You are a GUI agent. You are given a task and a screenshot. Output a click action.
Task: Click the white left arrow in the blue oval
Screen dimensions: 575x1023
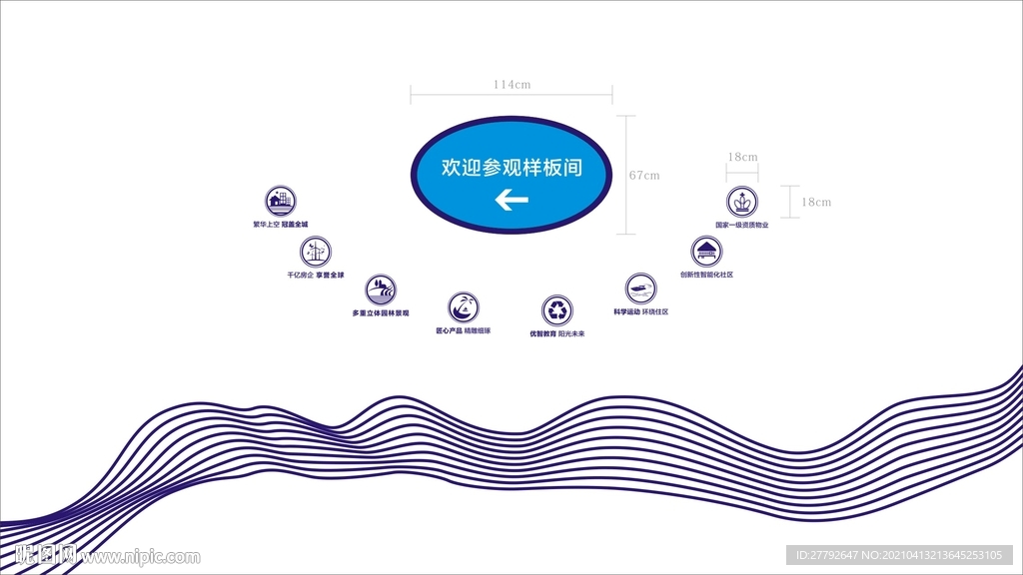(511, 202)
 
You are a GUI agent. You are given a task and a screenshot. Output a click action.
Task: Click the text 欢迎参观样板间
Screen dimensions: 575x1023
(511, 168)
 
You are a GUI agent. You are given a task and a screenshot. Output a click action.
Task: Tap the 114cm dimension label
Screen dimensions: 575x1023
(511, 85)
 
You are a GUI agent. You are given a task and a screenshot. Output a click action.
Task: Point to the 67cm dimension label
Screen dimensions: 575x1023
(644, 176)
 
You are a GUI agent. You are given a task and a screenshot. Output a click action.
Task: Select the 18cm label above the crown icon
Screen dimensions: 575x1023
(742, 157)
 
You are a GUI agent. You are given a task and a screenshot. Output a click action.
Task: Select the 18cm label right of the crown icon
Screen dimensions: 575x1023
(816, 202)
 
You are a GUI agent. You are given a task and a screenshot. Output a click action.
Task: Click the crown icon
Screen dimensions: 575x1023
(742, 202)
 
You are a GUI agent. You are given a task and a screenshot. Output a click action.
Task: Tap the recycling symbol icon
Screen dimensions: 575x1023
(557, 309)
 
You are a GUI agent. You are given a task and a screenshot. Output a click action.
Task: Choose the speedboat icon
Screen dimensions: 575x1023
(641, 288)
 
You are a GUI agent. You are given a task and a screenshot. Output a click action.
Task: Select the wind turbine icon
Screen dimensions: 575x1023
(315, 251)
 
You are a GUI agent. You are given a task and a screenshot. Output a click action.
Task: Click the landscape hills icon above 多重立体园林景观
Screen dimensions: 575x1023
(380, 290)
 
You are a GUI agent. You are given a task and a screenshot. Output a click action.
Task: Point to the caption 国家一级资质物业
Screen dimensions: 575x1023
(741, 225)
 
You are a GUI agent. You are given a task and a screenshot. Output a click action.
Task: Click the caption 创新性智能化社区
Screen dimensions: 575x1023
(706, 275)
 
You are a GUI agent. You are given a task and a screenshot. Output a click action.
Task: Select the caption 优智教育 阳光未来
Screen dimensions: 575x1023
(557, 333)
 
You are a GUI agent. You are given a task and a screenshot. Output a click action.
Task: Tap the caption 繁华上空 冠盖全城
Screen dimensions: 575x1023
(281, 225)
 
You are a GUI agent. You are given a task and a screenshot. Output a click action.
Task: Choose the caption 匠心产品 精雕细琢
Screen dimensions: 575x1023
(463, 330)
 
